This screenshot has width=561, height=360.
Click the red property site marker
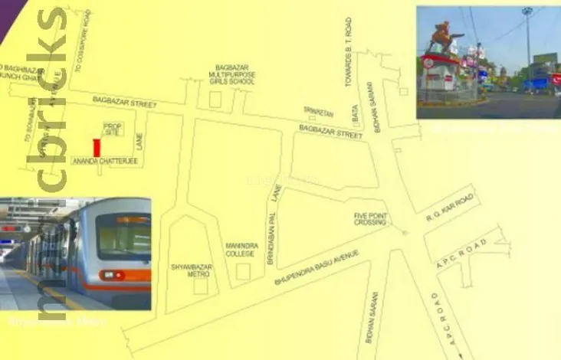[x=97, y=147]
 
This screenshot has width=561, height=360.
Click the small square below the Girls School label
[x=215, y=99]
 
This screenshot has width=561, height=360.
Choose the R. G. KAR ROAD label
[x=450, y=207]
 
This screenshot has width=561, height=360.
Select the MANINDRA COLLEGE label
[x=241, y=250]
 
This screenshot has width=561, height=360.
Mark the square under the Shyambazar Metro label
[x=201, y=286]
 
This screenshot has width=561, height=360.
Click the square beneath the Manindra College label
[x=243, y=271]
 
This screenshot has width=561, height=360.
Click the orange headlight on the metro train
[x=112, y=275]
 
